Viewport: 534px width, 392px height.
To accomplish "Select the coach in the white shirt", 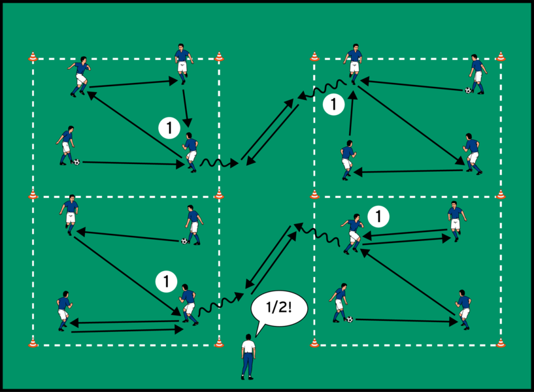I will point(248,357).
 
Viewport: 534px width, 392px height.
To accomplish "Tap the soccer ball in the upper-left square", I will point(77,161).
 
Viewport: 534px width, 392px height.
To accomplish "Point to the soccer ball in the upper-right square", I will point(468,90).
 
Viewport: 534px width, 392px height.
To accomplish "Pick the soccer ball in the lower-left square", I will point(184,241).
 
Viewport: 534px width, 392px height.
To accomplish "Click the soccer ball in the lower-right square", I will point(350,319).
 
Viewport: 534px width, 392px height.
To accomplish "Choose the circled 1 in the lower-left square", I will point(166,282).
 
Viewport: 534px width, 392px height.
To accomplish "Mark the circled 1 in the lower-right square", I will point(378,214).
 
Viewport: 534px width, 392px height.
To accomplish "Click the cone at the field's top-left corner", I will point(33,57).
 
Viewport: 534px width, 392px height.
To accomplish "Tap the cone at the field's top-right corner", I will point(501,57).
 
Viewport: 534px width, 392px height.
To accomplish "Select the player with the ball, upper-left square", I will point(66,145).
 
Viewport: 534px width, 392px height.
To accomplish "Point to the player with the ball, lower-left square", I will point(192,224).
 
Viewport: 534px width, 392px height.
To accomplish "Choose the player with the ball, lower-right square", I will point(340,302).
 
